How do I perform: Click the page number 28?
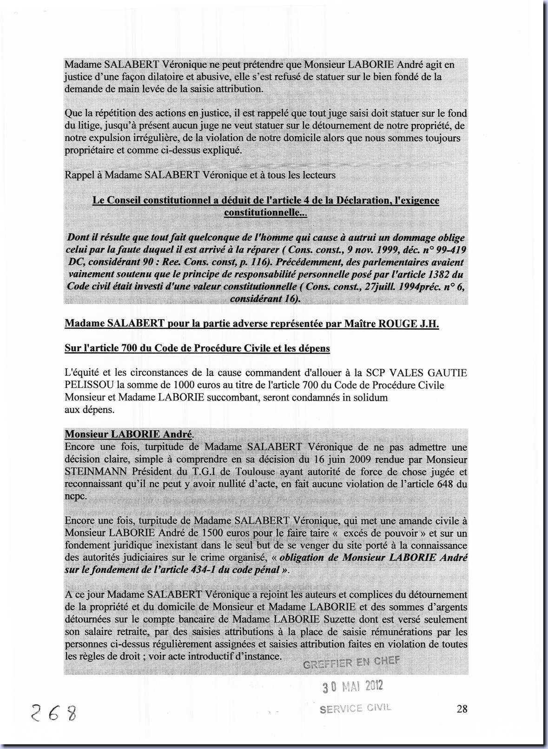point(462,709)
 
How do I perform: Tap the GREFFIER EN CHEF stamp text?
point(351,662)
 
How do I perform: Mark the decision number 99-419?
point(447,250)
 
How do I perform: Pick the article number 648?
point(448,484)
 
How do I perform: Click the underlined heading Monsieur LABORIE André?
point(128,435)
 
